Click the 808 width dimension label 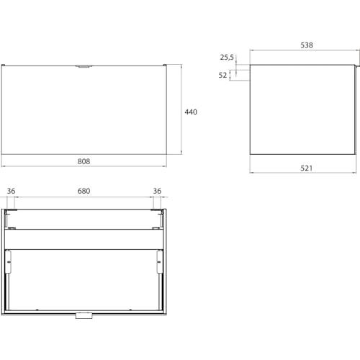[84, 161]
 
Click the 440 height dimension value [191, 112]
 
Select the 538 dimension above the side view [307, 45]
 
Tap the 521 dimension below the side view [307, 168]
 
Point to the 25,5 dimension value [227, 58]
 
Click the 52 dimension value [222, 75]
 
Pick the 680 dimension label [84, 191]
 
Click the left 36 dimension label [11, 191]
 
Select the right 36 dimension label [157, 191]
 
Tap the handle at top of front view [84, 66]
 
